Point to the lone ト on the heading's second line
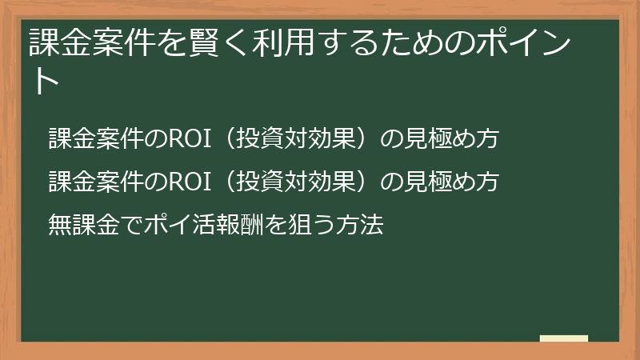[44, 81]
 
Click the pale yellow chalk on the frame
[563, 338]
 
